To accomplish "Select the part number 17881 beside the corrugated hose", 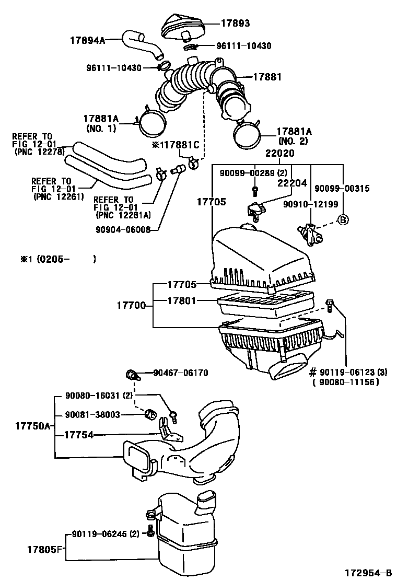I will click(x=267, y=77).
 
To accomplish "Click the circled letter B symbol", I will click(x=343, y=219).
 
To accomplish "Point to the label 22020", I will click(x=279, y=154).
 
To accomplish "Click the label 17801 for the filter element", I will click(x=182, y=301).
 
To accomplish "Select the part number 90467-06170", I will click(x=181, y=373).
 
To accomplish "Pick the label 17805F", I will click(x=45, y=549).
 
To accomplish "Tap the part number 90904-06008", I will click(x=123, y=228).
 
